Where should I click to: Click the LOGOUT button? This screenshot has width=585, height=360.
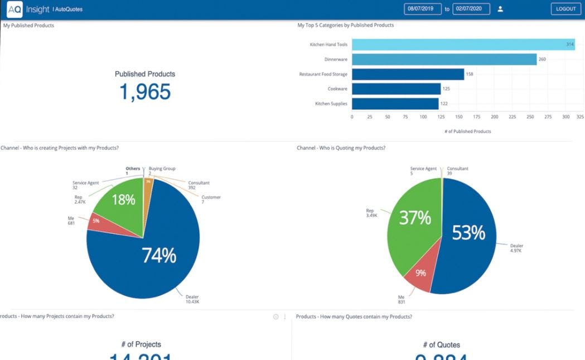[x=565, y=9]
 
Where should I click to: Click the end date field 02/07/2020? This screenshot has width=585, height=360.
[x=471, y=9]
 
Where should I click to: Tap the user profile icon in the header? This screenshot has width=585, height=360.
[x=500, y=9]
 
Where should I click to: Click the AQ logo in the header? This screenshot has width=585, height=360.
[x=14, y=9]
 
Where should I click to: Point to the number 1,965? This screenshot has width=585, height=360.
[x=145, y=92]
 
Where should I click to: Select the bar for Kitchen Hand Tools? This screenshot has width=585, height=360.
[x=463, y=45]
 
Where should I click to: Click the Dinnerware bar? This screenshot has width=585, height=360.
[x=444, y=59]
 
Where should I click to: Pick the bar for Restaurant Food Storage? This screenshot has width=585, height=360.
[x=408, y=74]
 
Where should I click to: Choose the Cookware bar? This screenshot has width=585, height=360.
[x=396, y=89]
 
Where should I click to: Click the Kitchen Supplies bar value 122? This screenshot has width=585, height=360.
[x=444, y=104]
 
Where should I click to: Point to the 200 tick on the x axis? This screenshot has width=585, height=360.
[x=494, y=117]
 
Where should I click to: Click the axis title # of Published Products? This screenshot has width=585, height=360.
[x=467, y=132]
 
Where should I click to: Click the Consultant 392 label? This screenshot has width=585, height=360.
[x=199, y=185]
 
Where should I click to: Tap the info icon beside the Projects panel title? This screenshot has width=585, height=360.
[x=275, y=317]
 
